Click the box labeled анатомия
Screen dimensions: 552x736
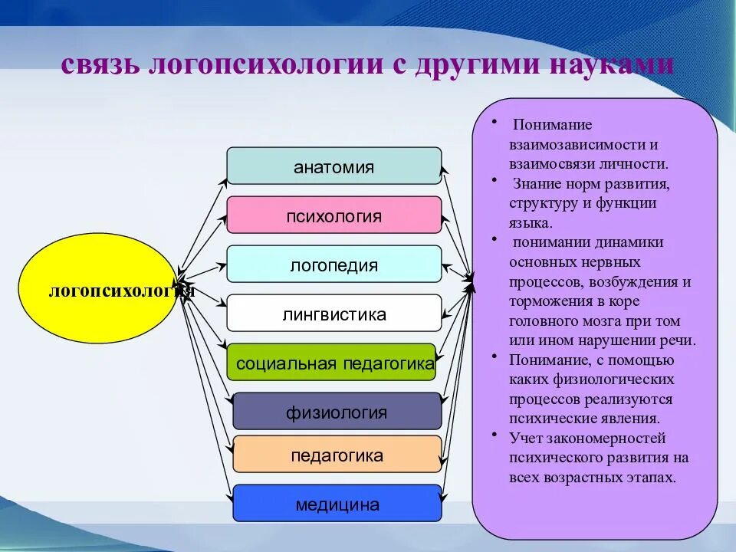(x=334, y=166)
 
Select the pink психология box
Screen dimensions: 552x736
(x=334, y=215)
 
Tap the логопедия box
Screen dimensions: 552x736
(x=334, y=264)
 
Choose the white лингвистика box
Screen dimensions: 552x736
(x=334, y=314)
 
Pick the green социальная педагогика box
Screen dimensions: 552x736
(x=334, y=363)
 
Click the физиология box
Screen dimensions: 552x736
(x=337, y=412)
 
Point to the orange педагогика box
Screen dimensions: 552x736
(x=337, y=455)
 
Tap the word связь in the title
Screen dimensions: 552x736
(x=100, y=64)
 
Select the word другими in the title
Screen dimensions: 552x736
(x=477, y=64)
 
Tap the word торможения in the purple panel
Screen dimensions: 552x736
(x=547, y=301)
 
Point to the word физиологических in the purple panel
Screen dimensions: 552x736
(x=612, y=379)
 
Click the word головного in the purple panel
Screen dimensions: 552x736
(x=544, y=321)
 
